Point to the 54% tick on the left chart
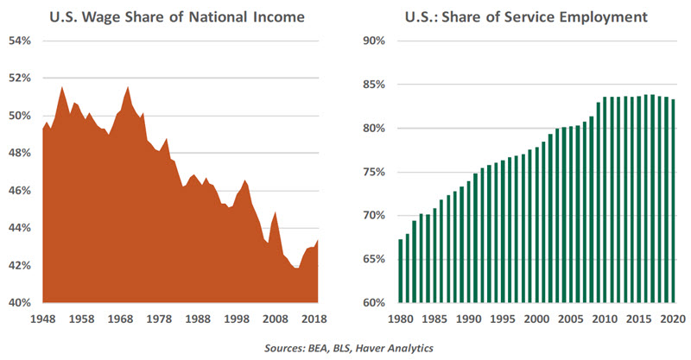click(20, 41)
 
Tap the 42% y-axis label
click(20, 265)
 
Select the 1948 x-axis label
click(42, 319)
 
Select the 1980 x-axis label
click(401, 319)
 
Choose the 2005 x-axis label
click(571, 319)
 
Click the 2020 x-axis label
click(673, 319)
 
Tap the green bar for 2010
click(605, 199)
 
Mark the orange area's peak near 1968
click(128, 87)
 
